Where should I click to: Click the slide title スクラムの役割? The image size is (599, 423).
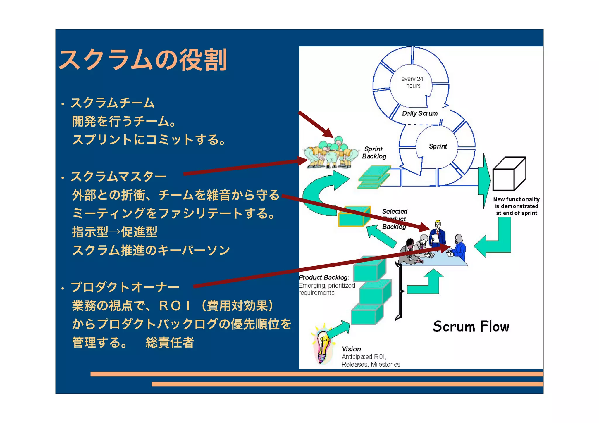(x=143, y=60)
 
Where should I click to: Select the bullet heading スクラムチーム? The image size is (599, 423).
(x=113, y=103)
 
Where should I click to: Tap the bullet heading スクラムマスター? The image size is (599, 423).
(x=118, y=177)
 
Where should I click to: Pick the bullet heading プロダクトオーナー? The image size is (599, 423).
(x=125, y=287)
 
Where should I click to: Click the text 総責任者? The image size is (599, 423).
(x=170, y=343)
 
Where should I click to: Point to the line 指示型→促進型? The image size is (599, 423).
(x=115, y=232)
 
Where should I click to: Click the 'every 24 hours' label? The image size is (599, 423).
(x=412, y=82)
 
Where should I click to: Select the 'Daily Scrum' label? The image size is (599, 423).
(x=420, y=113)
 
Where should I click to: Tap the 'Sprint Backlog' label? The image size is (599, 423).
(x=374, y=153)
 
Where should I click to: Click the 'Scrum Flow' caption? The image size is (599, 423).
(x=471, y=326)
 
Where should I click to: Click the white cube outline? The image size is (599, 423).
(x=509, y=174)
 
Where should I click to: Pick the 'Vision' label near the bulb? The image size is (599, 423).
(x=352, y=349)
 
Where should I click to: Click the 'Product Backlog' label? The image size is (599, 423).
(x=323, y=277)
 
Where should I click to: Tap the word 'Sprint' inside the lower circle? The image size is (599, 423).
(x=438, y=146)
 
